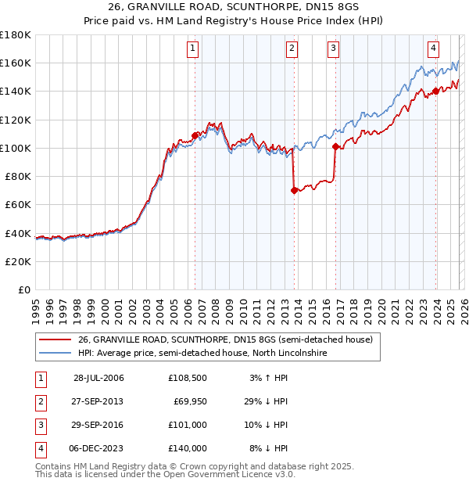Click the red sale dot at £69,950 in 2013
tap(294, 190)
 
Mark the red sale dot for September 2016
tap(335, 146)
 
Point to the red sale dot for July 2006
tap(195, 135)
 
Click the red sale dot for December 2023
tap(435, 91)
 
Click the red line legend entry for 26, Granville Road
tap(226, 340)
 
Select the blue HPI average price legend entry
tap(202, 354)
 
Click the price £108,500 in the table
tap(187, 378)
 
